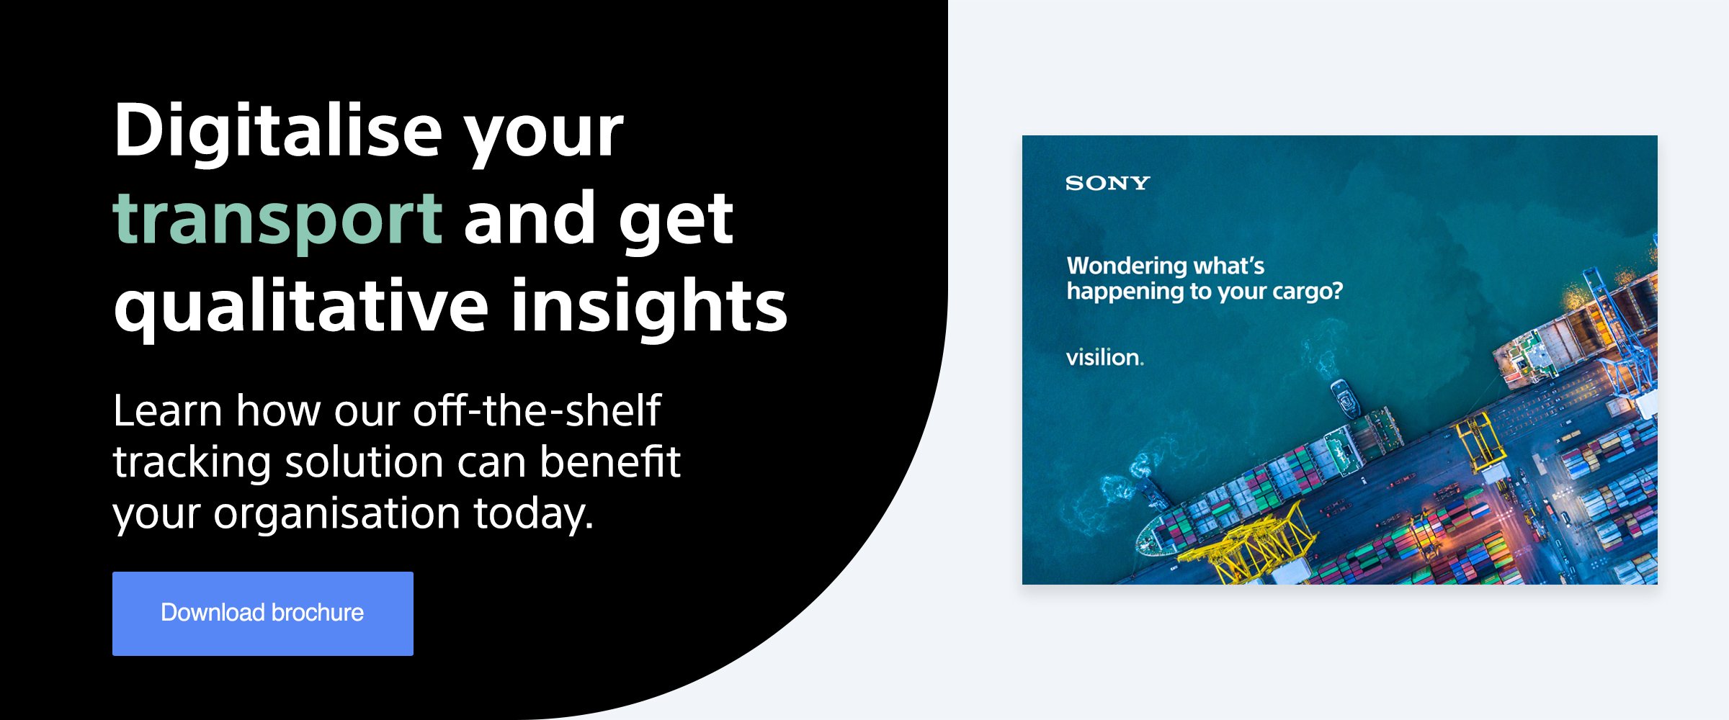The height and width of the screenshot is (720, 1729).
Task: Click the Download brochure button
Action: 263,613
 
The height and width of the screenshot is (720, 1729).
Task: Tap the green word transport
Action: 277,220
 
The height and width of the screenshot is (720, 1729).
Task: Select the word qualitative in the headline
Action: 302,307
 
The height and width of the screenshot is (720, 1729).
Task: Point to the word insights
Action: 649,307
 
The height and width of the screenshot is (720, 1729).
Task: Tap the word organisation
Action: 336,513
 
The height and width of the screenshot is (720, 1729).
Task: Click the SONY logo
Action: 1107,183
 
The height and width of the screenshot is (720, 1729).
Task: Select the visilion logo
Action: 1104,357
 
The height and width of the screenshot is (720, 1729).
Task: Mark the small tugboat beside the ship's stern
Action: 1344,398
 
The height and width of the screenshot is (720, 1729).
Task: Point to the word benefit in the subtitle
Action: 610,462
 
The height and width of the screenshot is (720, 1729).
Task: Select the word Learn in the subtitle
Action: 168,411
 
